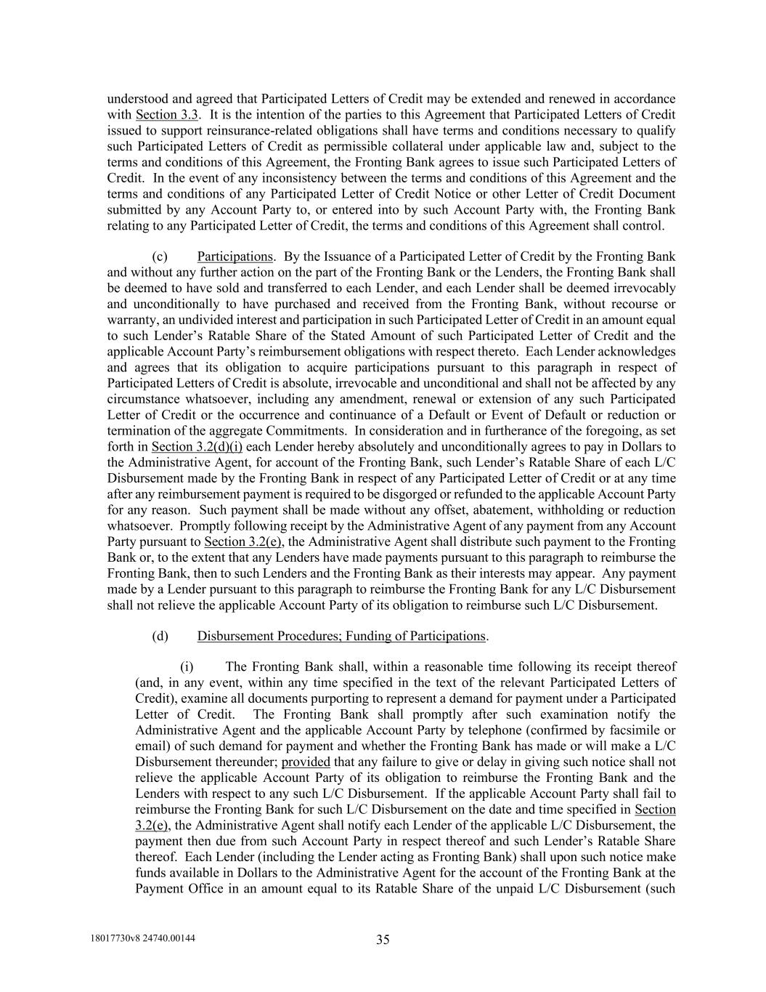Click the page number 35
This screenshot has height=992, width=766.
(x=383, y=940)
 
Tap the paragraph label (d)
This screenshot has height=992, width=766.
(x=160, y=636)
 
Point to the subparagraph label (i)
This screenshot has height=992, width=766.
(x=187, y=666)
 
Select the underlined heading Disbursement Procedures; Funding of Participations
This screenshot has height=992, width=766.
(x=341, y=636)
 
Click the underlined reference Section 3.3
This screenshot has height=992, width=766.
(x=167, y=115)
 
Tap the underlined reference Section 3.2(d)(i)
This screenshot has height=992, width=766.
(x=197, y=446)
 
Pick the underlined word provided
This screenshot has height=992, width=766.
(x=306, y=762)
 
